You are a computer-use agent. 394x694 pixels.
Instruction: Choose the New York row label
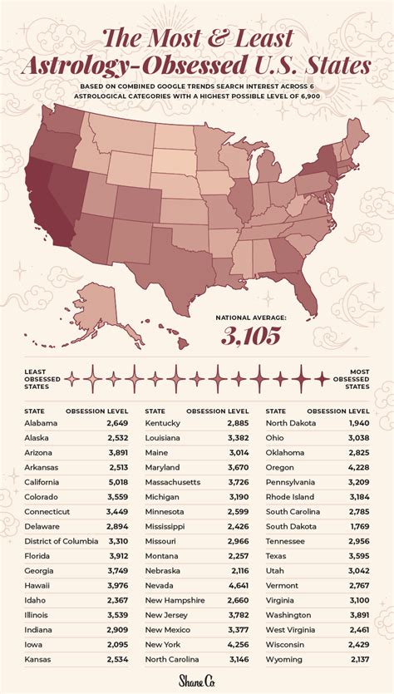tap(163, 642)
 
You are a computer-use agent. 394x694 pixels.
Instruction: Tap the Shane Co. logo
tap(196, 681)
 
